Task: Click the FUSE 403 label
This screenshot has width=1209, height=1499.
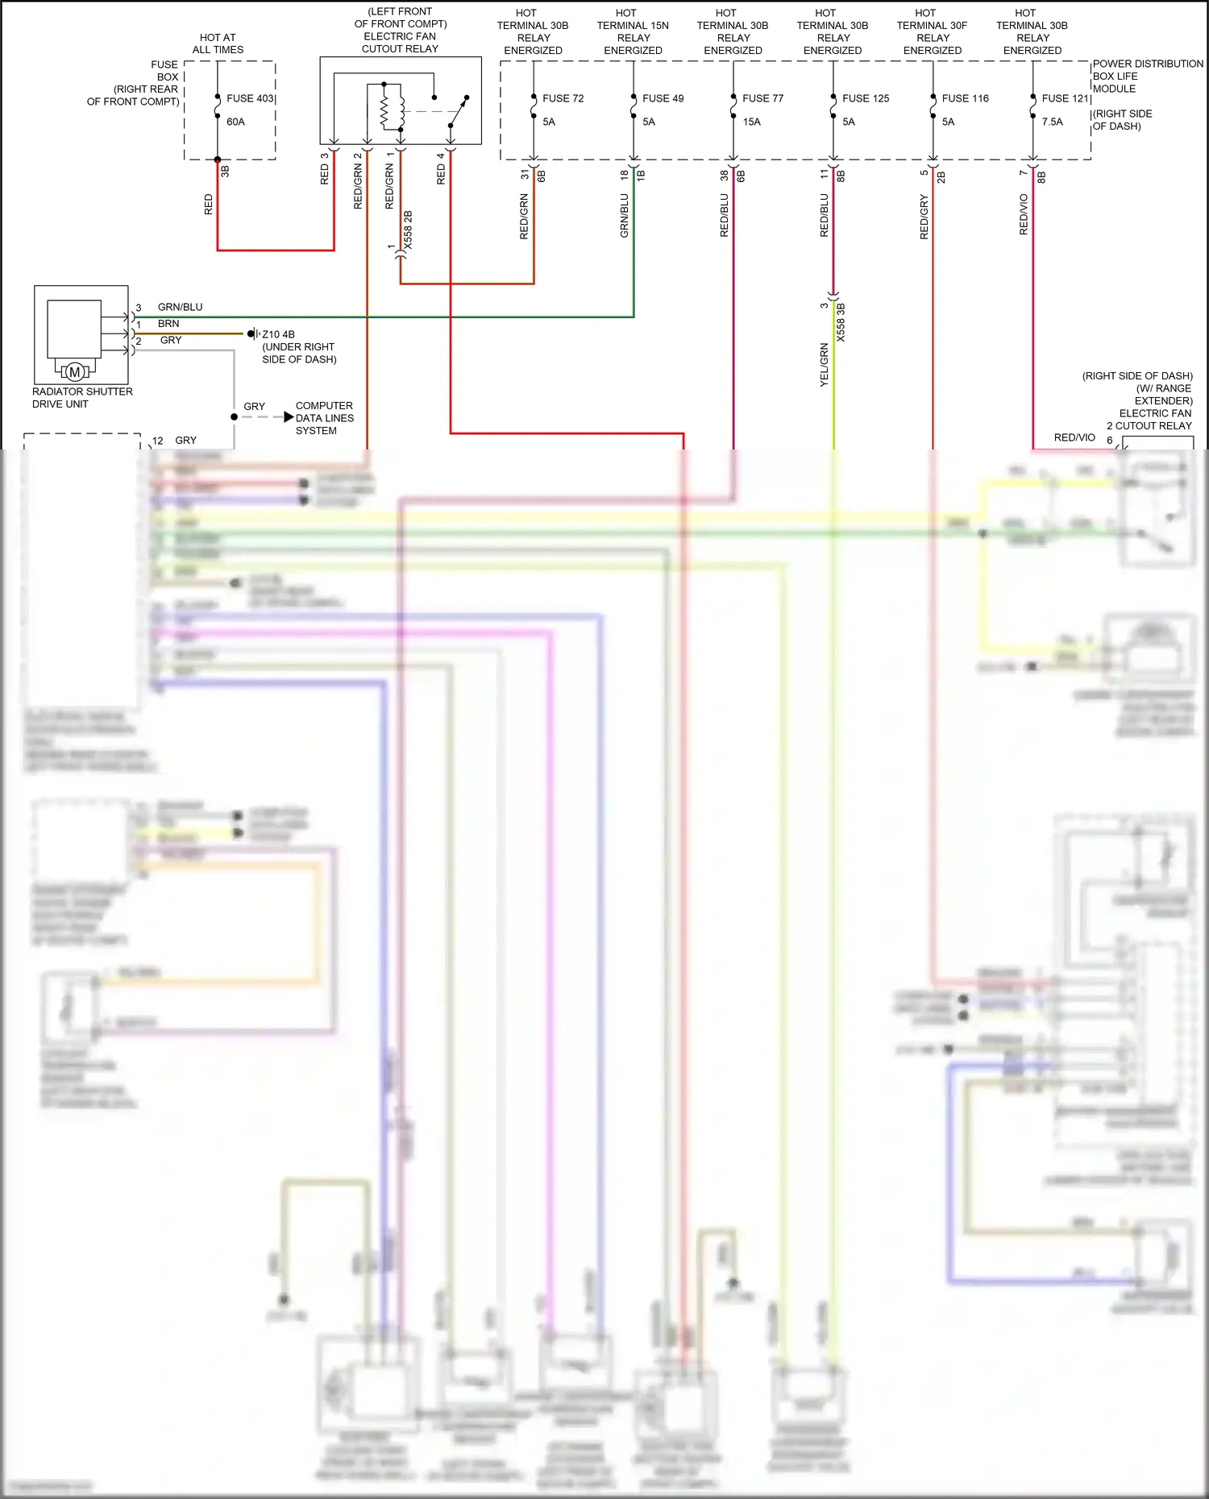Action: [250, 98]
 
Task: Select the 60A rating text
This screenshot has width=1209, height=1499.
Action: [235, 122]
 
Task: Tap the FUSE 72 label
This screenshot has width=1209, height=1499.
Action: [563, 98]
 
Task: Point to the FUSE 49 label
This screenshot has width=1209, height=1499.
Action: [663, 98]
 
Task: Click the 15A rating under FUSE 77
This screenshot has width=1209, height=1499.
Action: [751, 122]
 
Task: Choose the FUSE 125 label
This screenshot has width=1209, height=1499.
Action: [865, 98]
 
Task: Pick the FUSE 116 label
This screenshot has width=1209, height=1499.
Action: [965, 98]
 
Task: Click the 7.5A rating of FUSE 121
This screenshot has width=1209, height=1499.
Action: [1052, 122]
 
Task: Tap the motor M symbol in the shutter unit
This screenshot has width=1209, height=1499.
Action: [75, 371]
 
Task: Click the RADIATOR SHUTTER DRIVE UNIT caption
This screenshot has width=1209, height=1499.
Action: [82, 397]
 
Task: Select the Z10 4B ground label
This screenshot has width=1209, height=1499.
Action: [278, 334]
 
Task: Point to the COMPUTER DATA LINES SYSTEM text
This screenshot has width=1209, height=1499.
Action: [324, 418]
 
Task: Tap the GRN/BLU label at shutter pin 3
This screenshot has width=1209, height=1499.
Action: [180, 307]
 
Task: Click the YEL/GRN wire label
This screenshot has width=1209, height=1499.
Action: [824, 365]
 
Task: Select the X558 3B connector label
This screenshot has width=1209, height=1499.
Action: [841, 322]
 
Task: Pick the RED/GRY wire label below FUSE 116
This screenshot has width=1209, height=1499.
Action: [924, 217]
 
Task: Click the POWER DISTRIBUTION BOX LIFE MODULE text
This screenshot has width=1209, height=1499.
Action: [1147, 76]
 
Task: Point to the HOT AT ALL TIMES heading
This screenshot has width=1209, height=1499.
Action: [218, 43]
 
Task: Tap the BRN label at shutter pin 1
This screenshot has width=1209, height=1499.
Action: [168, 324]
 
